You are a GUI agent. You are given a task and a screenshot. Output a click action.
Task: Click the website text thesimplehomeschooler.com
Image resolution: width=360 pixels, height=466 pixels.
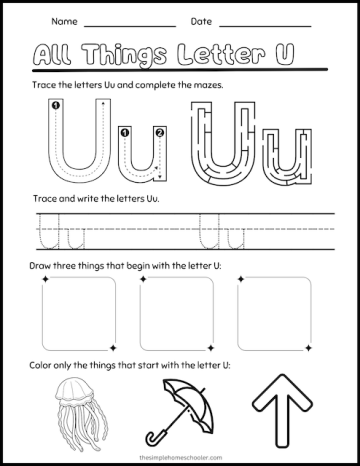(x=180, y=452)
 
